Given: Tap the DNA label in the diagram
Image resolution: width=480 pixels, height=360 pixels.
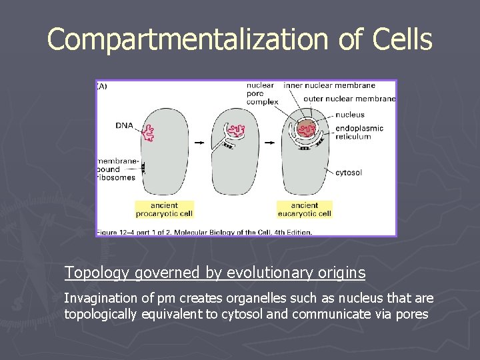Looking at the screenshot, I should (123, 125).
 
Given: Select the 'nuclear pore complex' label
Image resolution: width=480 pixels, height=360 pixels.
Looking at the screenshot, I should (262, 93).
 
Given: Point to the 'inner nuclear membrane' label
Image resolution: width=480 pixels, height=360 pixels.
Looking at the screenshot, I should (329, 85).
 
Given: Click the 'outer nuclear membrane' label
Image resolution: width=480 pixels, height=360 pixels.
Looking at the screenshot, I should (349, 99).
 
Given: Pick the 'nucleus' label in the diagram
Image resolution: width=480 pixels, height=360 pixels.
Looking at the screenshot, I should (350, 115).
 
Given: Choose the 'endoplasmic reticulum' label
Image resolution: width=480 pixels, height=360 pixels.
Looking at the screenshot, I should (359, 133).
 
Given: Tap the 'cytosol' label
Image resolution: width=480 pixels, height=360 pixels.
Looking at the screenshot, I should (349, 173).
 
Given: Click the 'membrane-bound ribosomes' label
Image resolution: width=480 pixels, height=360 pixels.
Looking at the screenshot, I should (117, 169).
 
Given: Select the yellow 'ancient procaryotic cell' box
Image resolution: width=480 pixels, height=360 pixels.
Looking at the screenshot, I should (164, 209).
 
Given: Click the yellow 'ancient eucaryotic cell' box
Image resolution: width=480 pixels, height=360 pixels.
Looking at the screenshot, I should (304, 209).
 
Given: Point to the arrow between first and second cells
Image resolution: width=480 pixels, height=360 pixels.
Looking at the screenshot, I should (198, 143).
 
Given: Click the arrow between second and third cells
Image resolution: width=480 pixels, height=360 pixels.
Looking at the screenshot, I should (271, 143).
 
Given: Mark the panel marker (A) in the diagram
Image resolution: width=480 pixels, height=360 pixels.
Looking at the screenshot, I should (102, 86).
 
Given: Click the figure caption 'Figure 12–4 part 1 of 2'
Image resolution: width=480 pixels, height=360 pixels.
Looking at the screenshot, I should (204, 232).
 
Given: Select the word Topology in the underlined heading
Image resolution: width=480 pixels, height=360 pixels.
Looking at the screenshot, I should (97, 273).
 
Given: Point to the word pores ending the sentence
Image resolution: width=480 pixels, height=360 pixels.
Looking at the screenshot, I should (411, 314).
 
